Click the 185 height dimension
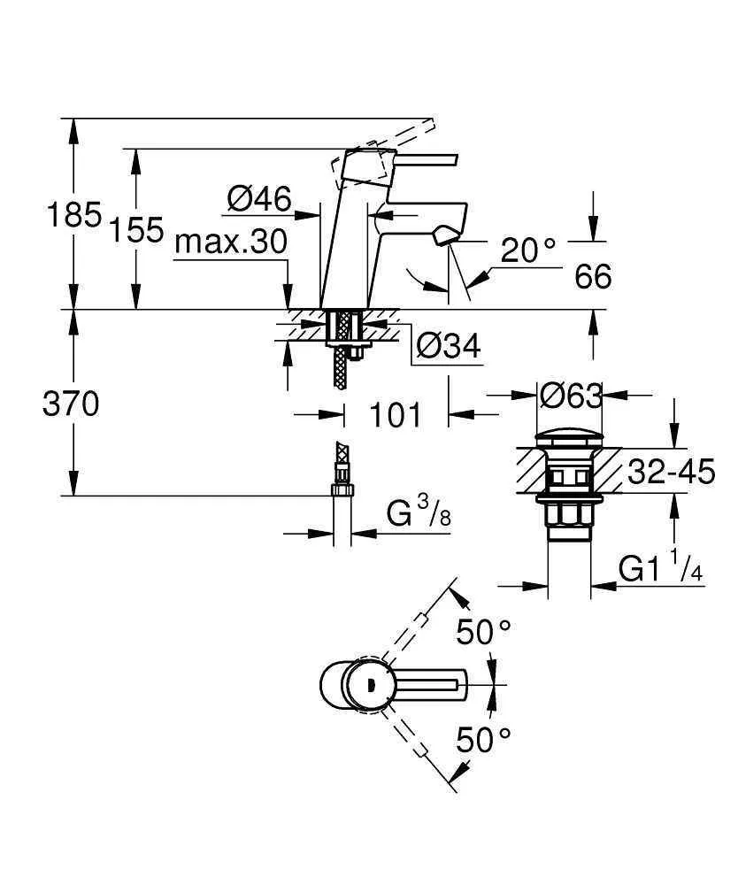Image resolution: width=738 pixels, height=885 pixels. click(x=74, y=216)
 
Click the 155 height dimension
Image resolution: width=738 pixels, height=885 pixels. click(x=136, y=230)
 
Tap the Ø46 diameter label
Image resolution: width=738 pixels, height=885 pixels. click(x=258, y=199)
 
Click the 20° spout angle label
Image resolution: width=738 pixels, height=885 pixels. click(x=528, y=251)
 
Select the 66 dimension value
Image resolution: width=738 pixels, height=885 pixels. click(x=593, y=277)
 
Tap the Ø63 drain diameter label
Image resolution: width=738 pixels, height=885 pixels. click(x=571, y=395)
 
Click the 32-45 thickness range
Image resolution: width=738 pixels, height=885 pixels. click(x=671, y=473)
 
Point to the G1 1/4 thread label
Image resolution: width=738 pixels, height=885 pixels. click(x=660, y=569)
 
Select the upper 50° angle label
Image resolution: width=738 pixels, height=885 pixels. click(x=484, y=632)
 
